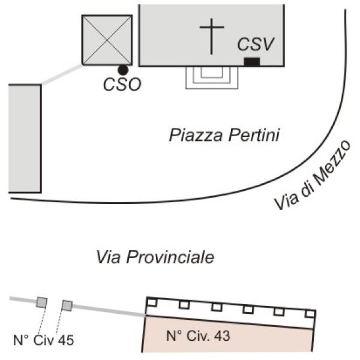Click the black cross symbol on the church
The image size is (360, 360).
[212, 36]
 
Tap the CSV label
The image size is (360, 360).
[256, 44]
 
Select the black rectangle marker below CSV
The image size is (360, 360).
[252, 62]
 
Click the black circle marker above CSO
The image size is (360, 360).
[123, 70]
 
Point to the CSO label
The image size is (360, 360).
[122, 85]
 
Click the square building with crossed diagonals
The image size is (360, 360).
[107, 40]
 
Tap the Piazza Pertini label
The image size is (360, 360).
[224, 135]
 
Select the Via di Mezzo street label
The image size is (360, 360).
[313, 175]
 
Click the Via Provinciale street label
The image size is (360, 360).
[155, 257]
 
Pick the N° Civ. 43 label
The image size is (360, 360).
[198, 336]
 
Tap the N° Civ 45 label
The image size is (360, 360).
[44, 340]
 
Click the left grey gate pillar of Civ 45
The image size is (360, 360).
[42, 302]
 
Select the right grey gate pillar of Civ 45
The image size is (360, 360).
[67, 305]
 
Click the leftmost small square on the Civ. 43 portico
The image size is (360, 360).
[152, 302]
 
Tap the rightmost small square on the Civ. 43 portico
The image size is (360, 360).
[310, 314]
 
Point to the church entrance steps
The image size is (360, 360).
[212, 77]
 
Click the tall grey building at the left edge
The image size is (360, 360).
[25, 139]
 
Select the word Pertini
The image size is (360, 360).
[254, 135]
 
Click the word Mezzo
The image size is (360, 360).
[332, 163]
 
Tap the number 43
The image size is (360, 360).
[222, 336]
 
